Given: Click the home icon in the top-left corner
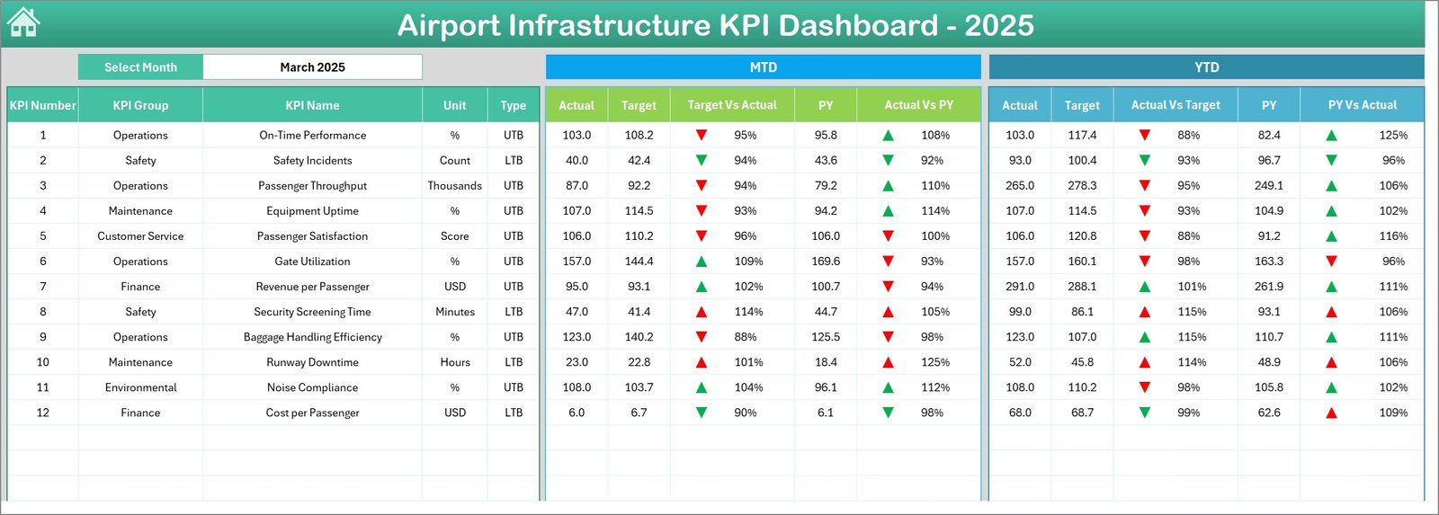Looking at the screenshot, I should point(23,22).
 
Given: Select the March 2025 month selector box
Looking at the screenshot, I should point(312,67).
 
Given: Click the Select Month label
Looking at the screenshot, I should point(140,67).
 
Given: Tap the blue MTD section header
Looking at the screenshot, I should point(763,67).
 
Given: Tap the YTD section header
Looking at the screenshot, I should point(1206,67).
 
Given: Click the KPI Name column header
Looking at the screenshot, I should point(312,105).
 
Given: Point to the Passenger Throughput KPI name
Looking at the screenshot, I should point(312,186).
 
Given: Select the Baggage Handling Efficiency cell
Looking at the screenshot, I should point(312,337).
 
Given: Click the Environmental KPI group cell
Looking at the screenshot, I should point(140,387).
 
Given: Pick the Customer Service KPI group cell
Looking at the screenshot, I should point(140,236).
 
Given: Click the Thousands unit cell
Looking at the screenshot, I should point(454,186).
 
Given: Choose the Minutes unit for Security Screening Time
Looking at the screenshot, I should point(454,312).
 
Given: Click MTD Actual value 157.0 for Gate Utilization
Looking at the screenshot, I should point(576,262).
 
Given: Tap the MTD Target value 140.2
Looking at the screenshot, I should point(639,337).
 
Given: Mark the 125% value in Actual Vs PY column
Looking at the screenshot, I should point(935,362).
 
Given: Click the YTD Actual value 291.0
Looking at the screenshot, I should point(1020,287).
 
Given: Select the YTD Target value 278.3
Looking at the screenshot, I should point(1082,186).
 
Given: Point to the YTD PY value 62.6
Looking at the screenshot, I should point(1269,413).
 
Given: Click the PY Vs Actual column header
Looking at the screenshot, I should point(1362,105).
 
